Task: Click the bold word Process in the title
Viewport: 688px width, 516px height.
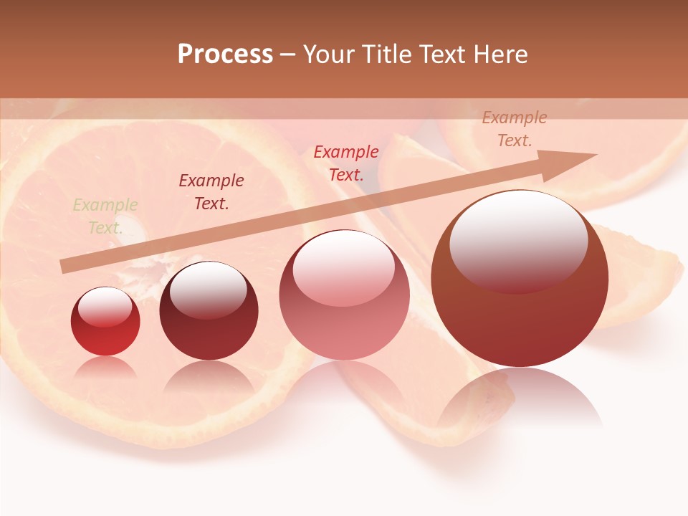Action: (x=225, y=54)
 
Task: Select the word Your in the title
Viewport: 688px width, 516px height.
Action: (x=330, y=54)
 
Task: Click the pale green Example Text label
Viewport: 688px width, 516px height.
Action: (x=105, y=216)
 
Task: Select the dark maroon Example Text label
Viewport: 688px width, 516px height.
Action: (x=211, y=191)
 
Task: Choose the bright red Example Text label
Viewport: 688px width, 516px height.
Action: (x=346, y=163)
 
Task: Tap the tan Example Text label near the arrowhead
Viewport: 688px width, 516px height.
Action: (x=514, y=129)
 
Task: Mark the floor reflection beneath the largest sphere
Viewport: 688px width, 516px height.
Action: (x=520, y=398)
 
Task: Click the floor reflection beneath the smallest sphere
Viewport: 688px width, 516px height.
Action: (x=105, y=368)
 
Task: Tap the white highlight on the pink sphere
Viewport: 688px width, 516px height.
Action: (x=343, y=267)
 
